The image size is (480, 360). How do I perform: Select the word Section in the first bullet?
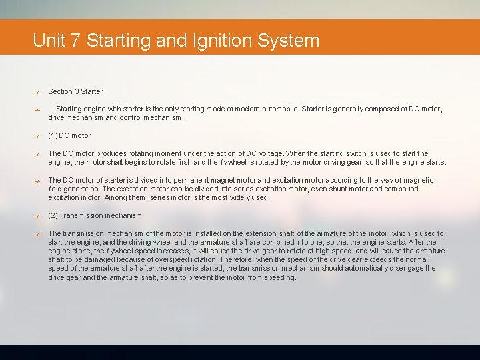pos(60,91)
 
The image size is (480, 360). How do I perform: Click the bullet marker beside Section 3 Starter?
pos(39,92)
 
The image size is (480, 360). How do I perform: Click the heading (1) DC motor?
pos(69,135)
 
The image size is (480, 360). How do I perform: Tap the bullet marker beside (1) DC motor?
pos(39,136)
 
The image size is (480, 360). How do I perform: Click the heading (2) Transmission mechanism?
pos(95,215)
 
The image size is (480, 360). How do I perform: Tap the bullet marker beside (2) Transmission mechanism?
pos(39,216)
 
